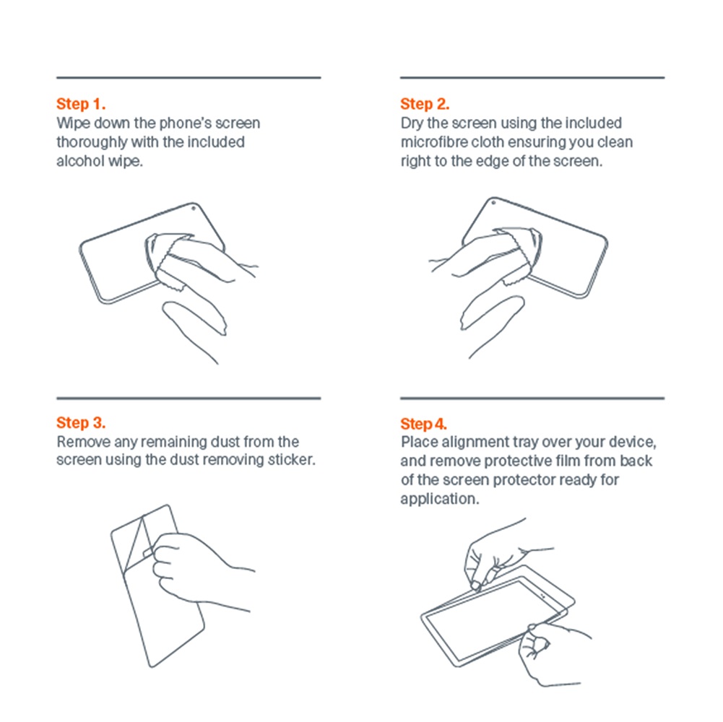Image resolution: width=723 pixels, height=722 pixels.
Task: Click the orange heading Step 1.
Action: [81, 104]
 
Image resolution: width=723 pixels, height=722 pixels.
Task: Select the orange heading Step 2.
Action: [425, 104]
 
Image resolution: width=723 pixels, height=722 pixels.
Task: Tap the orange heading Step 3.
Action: [81, 423]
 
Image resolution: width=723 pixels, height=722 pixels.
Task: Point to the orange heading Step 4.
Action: [424, 424]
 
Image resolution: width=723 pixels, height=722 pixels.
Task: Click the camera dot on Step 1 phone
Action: [193, 209]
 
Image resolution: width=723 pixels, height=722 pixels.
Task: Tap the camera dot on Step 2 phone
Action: [493, 202]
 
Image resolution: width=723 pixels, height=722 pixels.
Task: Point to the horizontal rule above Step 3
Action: [189, 398]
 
